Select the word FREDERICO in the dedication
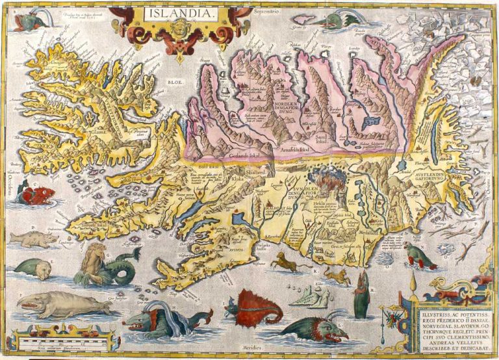(x=448, y=316)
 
